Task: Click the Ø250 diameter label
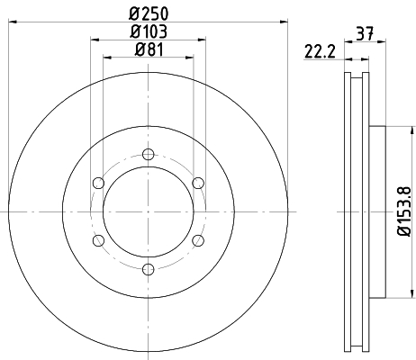149,13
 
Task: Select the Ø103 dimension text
149,31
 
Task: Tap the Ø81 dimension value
149,49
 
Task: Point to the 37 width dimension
365,33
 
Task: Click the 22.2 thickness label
320,51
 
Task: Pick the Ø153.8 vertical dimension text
403,211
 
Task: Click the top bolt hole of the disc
149,155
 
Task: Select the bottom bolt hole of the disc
149,269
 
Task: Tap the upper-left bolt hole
98,183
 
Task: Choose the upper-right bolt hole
198,183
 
